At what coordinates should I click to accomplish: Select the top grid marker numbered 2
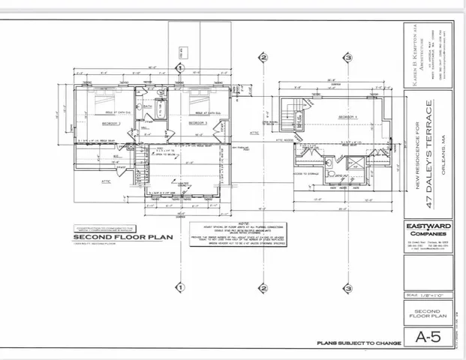(263, 57)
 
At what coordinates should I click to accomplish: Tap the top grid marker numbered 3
(348, 57)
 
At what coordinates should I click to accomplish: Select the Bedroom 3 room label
(197, 122)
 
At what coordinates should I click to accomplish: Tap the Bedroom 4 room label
(346, 118)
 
